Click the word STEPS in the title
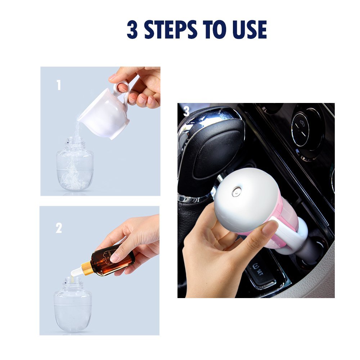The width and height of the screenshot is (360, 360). tap(171, 30)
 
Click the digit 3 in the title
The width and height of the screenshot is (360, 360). tap(132, 30)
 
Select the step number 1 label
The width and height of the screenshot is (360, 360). tap(59, 85)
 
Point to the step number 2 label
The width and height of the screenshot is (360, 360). tap(59, 228)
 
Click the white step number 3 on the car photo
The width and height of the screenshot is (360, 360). tap(186, 111)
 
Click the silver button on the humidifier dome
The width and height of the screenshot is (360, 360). tap(236, 191)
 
